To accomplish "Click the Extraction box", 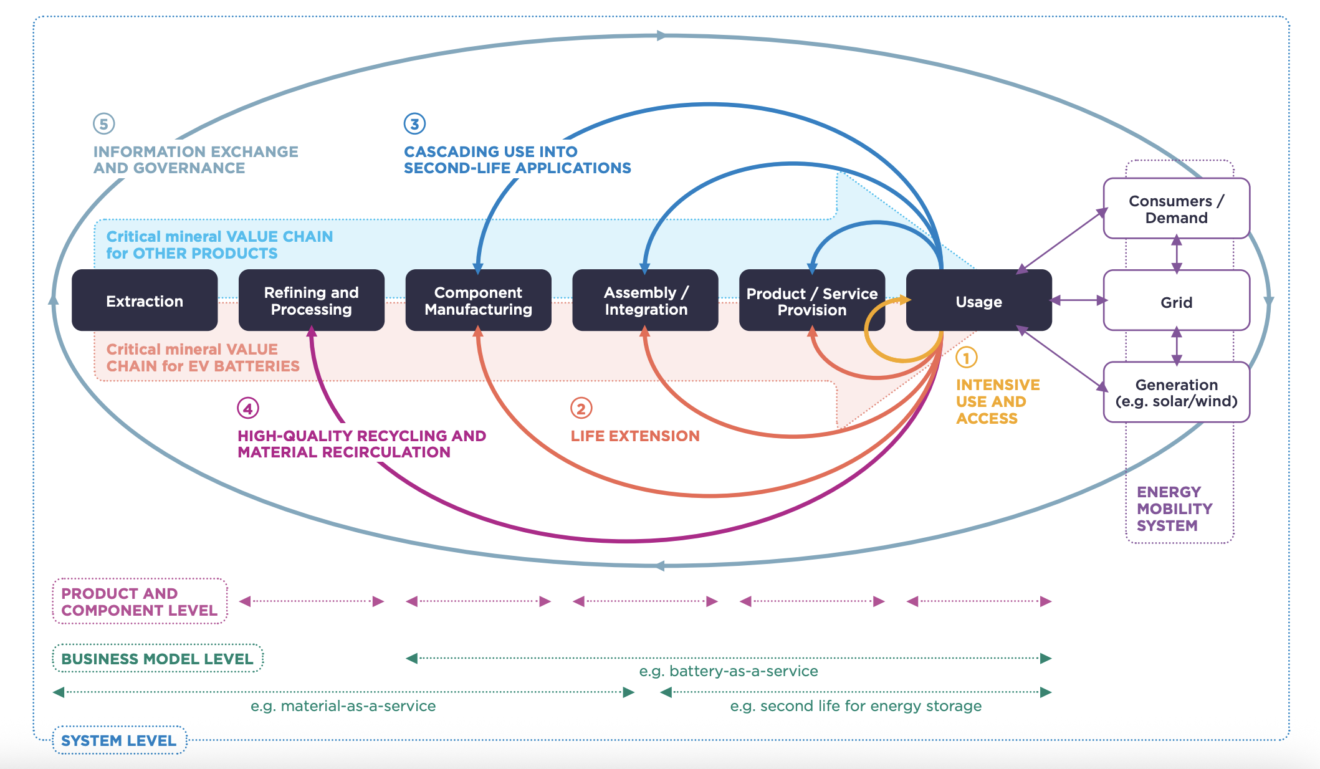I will click(145, 300).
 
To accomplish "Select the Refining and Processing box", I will click(311, 300).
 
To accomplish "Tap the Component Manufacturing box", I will click(478, 300).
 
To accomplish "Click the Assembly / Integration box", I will click(645, 300).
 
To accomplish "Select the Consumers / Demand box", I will click(1176, 209).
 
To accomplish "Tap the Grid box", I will click(1176, 302).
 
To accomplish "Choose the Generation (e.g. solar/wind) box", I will click(1176, 393).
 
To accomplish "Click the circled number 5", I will click(103, 124).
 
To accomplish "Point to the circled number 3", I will click(414, 124).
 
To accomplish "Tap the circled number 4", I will click(248, 409).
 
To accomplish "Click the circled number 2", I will click(581, 409).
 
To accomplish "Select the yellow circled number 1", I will click(966, 358).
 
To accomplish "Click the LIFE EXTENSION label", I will click(635, 436).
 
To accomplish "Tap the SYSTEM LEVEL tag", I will click(119, 740).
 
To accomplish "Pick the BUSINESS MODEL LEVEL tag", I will click(157, 659).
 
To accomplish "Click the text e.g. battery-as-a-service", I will click(728, 671).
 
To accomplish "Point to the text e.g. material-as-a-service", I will click(343, 706).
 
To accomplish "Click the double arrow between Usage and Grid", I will click(1078, 300).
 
